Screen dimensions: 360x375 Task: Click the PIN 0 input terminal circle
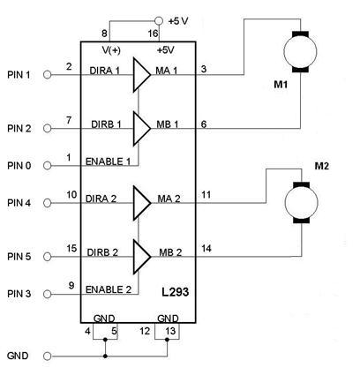pos(47,166)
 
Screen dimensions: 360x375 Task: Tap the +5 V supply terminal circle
pos(159,21)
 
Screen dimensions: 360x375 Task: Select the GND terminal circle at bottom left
pos(47,356)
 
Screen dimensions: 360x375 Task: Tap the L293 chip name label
pos(175,292)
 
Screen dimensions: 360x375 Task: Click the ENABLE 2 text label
pos(109,289)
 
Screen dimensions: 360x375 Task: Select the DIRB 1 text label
pos(106,124)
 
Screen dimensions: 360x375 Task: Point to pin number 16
pos(153,34)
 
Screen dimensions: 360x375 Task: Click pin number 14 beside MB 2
pos(206,249)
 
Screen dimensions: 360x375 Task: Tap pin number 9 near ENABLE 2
pos(71,285)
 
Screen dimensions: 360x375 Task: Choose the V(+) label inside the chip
pos(111,50)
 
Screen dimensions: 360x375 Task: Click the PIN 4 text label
pos(19,203)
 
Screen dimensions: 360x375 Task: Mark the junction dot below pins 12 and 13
pos(167,340)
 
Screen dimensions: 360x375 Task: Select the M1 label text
pos(281,85)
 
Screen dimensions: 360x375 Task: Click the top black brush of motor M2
pos(301,185)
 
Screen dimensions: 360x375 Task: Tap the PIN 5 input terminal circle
pos(47,257)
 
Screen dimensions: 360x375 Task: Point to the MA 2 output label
pos(169,199)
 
